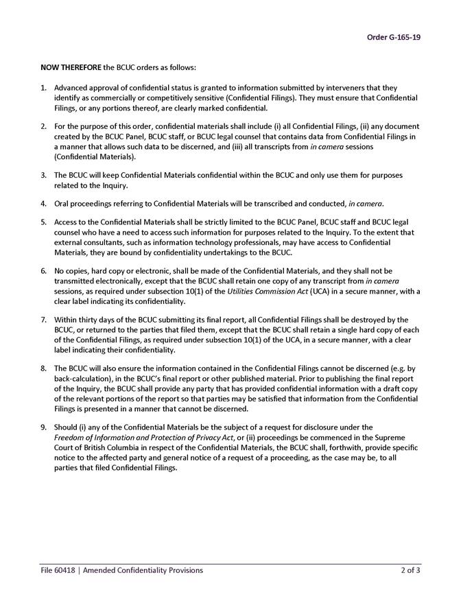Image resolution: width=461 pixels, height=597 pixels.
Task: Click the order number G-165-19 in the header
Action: click(x=394, y=37)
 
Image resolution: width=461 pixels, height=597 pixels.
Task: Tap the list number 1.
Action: click(x=43, y=89)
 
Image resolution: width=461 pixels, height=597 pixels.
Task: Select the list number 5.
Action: click(x=43, y=222)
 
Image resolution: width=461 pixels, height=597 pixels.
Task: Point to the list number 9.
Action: click(x=43, y=427)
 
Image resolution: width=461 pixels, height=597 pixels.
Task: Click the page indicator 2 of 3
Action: click(x=410, y=570)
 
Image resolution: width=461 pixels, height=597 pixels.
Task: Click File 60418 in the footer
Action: click(x=58, y=570)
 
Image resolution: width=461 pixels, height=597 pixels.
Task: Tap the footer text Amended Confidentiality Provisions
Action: click(x=143, y=570)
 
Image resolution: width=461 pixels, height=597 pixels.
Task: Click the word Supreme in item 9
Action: click(x=404, y=437)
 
